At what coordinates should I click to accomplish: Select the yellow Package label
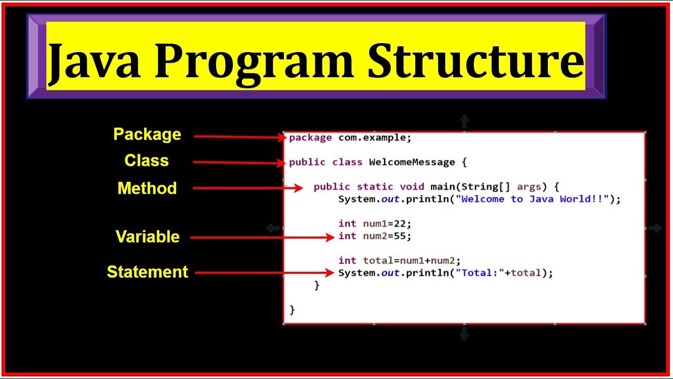pos(147,135)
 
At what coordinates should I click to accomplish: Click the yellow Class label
pos(147,161)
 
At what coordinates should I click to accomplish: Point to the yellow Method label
pos(147,188)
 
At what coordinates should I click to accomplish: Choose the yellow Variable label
pos(148,237)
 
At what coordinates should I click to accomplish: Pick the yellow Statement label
pos(148,272)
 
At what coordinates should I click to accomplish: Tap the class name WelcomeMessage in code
pos(412,162)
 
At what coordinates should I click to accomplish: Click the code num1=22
pos(387,224)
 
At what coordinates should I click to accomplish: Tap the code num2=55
pos(387,236)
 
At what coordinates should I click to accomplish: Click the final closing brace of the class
pos(292,310)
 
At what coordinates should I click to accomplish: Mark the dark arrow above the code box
pos(464,121)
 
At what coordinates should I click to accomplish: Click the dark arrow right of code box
pos(655,228)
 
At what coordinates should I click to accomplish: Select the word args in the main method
pos(529,187)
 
